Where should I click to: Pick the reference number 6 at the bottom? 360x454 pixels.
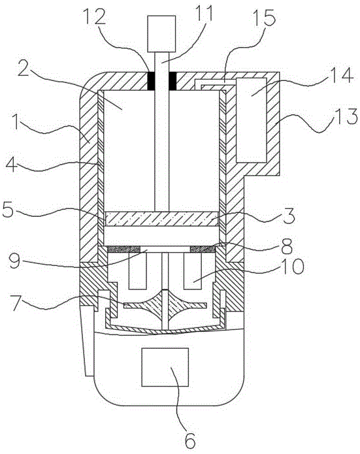(190, 439)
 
